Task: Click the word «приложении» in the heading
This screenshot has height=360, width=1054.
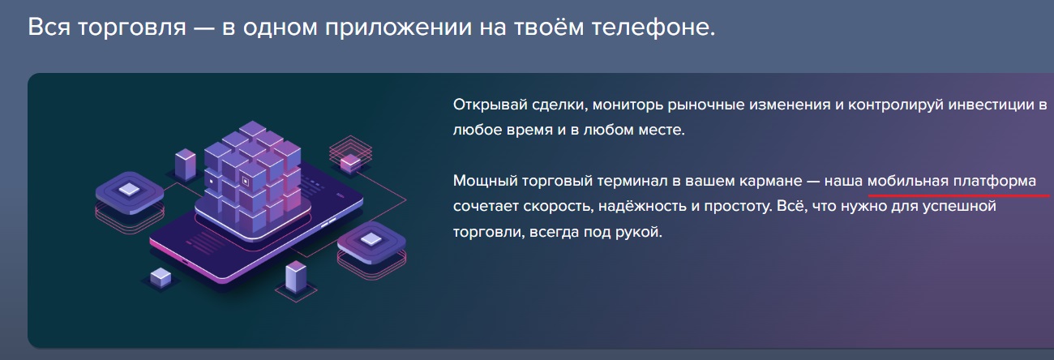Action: point(398,28)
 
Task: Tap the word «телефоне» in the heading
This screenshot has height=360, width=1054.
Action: point(653,27)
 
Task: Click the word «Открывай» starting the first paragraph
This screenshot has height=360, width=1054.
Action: point(490,105)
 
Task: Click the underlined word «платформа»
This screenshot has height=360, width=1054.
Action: point(995,181)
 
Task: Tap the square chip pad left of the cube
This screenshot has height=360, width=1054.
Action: point(130,193)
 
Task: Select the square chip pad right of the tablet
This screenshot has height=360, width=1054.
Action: point(371,242)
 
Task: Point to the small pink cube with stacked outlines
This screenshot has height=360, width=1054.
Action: point(350,163)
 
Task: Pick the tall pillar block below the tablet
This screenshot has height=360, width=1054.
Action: point(296,276)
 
